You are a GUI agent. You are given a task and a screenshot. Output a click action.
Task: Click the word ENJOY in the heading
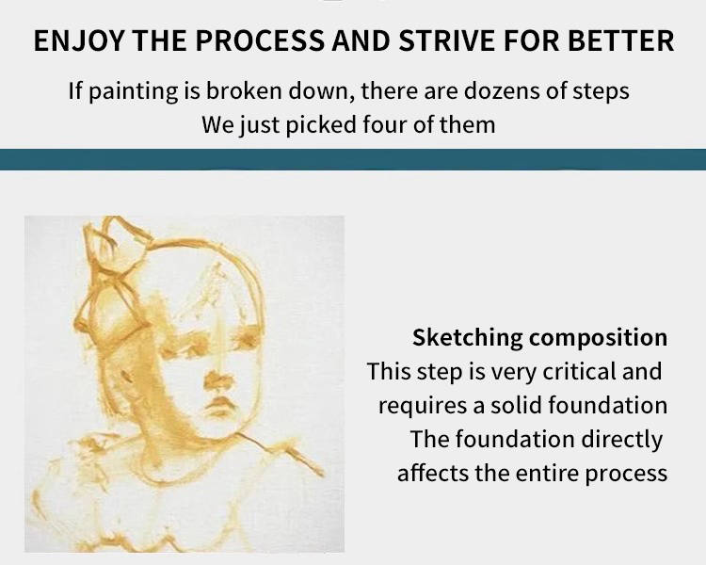[x=78, y=41]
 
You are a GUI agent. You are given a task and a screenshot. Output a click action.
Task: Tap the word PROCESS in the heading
[x=260, y=40]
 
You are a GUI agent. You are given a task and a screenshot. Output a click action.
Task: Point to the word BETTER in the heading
[x=621, y=40]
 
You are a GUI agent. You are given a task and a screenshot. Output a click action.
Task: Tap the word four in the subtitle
[x=384, y=124]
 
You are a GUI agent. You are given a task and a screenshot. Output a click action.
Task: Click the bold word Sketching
[x=467, y=338]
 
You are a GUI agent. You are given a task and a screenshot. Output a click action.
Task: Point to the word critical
[x=580, y=372]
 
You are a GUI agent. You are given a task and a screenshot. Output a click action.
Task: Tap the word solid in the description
[x=517, y=406]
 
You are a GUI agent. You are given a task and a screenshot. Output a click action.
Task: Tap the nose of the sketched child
[x=218, y=379]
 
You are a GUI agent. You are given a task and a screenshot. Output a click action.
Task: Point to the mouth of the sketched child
[x=219, y=407]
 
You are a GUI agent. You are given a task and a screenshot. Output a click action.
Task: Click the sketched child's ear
[x=126, y=374]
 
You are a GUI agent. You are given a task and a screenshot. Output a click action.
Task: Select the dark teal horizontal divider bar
[x=353, y=159]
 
